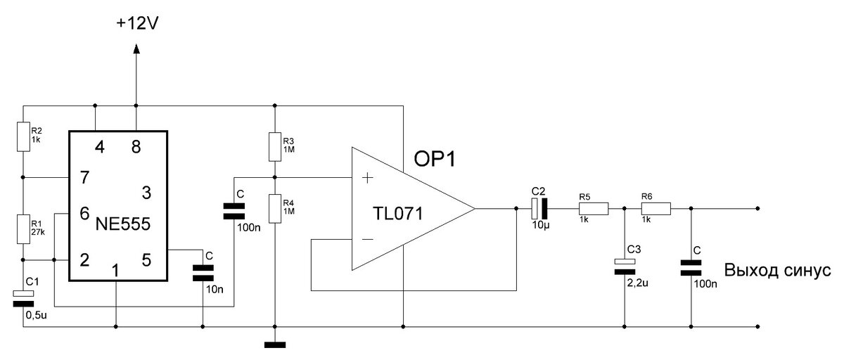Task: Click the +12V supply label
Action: tap(137, 23)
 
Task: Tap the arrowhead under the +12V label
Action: tap(136, 49)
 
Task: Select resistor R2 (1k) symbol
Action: tap(23, 136)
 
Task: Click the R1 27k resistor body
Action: tap(23, 229)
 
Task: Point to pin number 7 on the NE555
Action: tap(85, 177)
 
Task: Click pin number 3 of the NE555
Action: tap(146, 193)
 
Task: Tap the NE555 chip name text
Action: tap(123, 224)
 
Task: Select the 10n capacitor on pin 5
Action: tap(203, 273)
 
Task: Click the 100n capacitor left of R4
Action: tap(234, 211)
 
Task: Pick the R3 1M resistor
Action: tap(275, 147)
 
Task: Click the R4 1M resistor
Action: tap(275, 209)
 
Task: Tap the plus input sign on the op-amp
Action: tap(367, 178)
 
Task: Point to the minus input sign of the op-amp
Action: tap(367, 239)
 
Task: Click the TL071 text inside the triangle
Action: tap(398, 214)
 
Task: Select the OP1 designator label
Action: tap(435, 159)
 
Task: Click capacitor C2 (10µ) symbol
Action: tap(539, 208)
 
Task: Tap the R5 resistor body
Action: tap(594, 209)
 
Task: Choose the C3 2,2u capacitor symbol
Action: tap(625, 266)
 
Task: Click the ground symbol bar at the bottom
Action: tap(275, 345)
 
